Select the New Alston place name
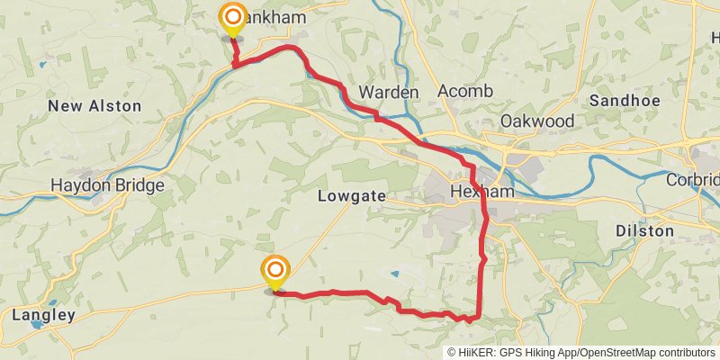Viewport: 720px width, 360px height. [94, 106]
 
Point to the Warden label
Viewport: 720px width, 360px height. [389, 92]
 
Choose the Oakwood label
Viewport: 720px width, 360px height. [537, 121]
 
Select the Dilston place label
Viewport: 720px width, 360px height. [644, 231]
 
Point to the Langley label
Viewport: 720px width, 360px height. [43, 315]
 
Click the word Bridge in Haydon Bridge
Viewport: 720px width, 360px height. [139, 186]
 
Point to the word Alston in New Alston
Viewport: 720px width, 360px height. [114, 106]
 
